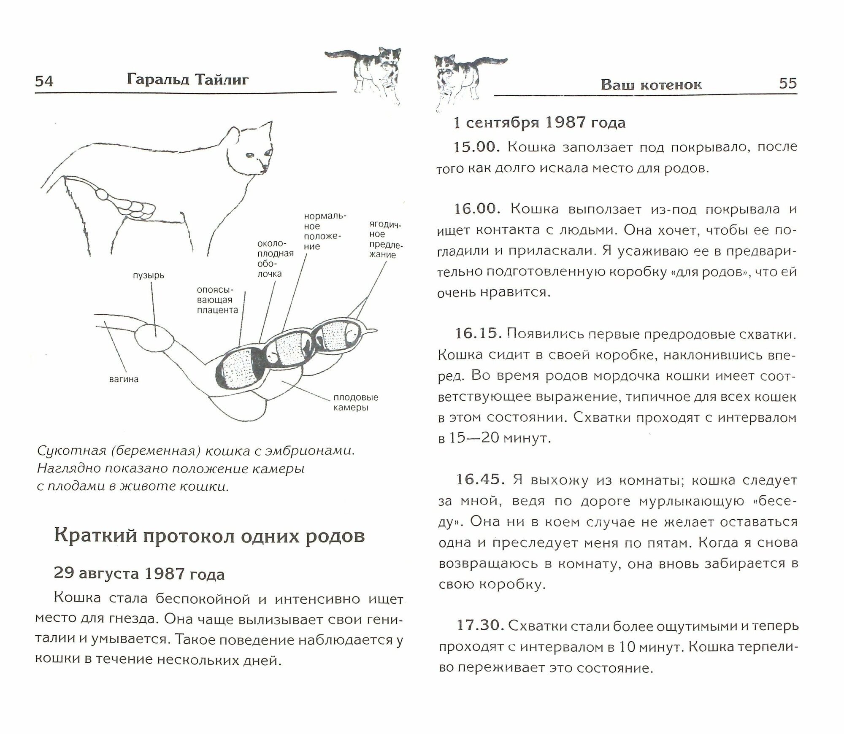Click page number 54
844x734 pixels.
[44, 81]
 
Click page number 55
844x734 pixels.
[787, 83]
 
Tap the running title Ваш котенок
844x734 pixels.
[651, 85]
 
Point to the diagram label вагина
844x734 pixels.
[124, 379]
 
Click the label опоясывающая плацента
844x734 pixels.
[217, 300]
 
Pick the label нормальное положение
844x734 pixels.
[325, 231]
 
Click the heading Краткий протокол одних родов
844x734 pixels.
[209, 537]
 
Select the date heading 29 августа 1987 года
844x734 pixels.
[139, 574]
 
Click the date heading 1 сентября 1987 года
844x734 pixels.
[539, 123]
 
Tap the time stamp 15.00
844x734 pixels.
[476, 147]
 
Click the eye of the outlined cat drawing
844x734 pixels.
[251, 156]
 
